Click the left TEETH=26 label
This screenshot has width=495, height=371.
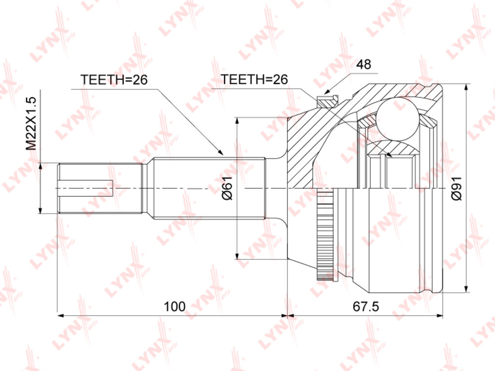coord(114,80)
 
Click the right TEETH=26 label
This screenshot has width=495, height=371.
coord(254,80)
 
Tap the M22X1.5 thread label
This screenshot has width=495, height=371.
coord(31,123)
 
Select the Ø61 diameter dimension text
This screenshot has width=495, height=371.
coord(227,188)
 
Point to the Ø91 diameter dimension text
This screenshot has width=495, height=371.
coord(456,188)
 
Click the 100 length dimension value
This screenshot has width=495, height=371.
coord(175,306)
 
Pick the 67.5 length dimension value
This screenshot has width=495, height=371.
coord(365,306)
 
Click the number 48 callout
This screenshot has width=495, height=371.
coord(364,64)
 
